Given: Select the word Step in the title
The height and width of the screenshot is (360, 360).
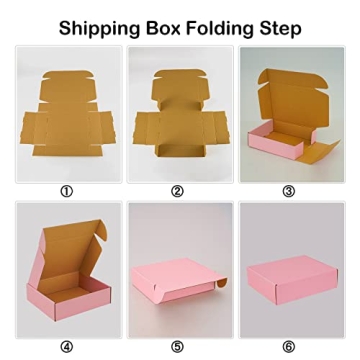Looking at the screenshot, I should tap(280, 27).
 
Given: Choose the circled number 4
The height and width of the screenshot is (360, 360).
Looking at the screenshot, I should tap(67, 347).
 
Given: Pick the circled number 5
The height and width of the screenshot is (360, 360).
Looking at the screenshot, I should tap(178, 347).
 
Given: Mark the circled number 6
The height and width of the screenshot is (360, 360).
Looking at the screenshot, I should tap(289, 347).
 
